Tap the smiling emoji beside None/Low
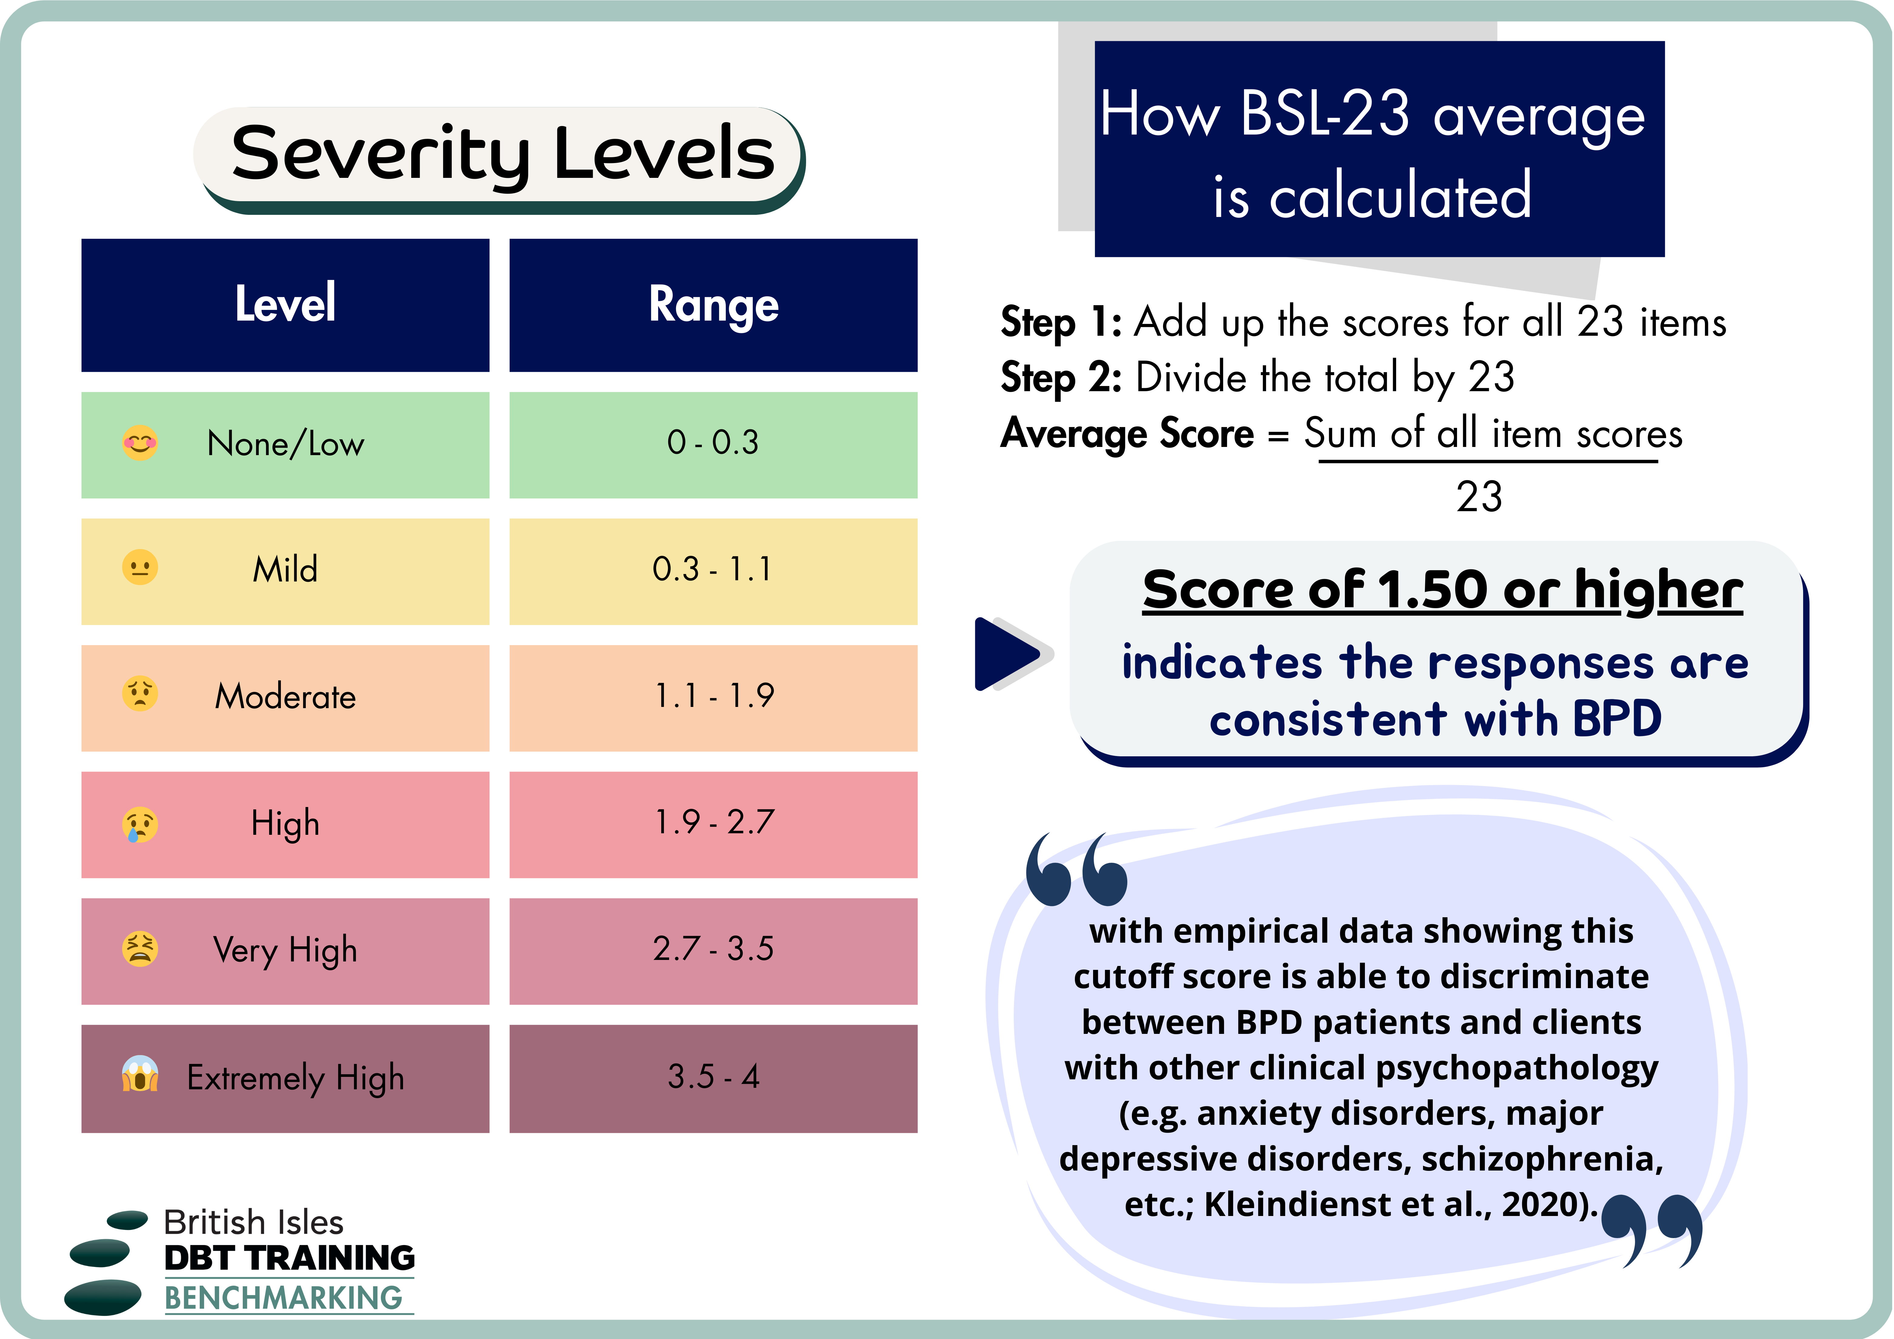pyautogui.click(x=140, y=443)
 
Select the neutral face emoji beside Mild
pyautogui.click(x=140, y=568)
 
